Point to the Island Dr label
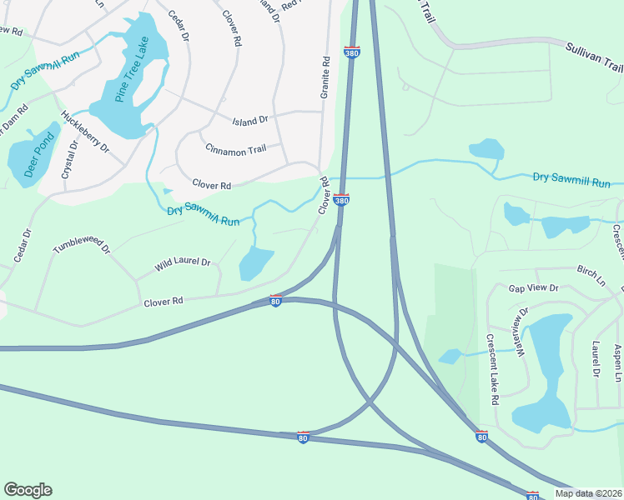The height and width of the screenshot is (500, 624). pyautogui.click(x=250, y=120)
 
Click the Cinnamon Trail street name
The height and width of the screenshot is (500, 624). pyautogui.click(x=235, y=149)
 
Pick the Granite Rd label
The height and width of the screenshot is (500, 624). pyautogui.click(x=325, y=77)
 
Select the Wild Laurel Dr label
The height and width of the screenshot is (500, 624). pyautogui.click(x=184, y=265)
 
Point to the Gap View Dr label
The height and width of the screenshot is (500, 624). pyautogui.click(x=533, y=287)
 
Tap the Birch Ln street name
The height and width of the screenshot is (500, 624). pyautogui.click(x=591, y=271)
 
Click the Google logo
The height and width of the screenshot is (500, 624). pyautogui.click(x=28, y=490)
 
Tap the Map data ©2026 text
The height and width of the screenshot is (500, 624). pyautogui.click(x=588, y=493)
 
